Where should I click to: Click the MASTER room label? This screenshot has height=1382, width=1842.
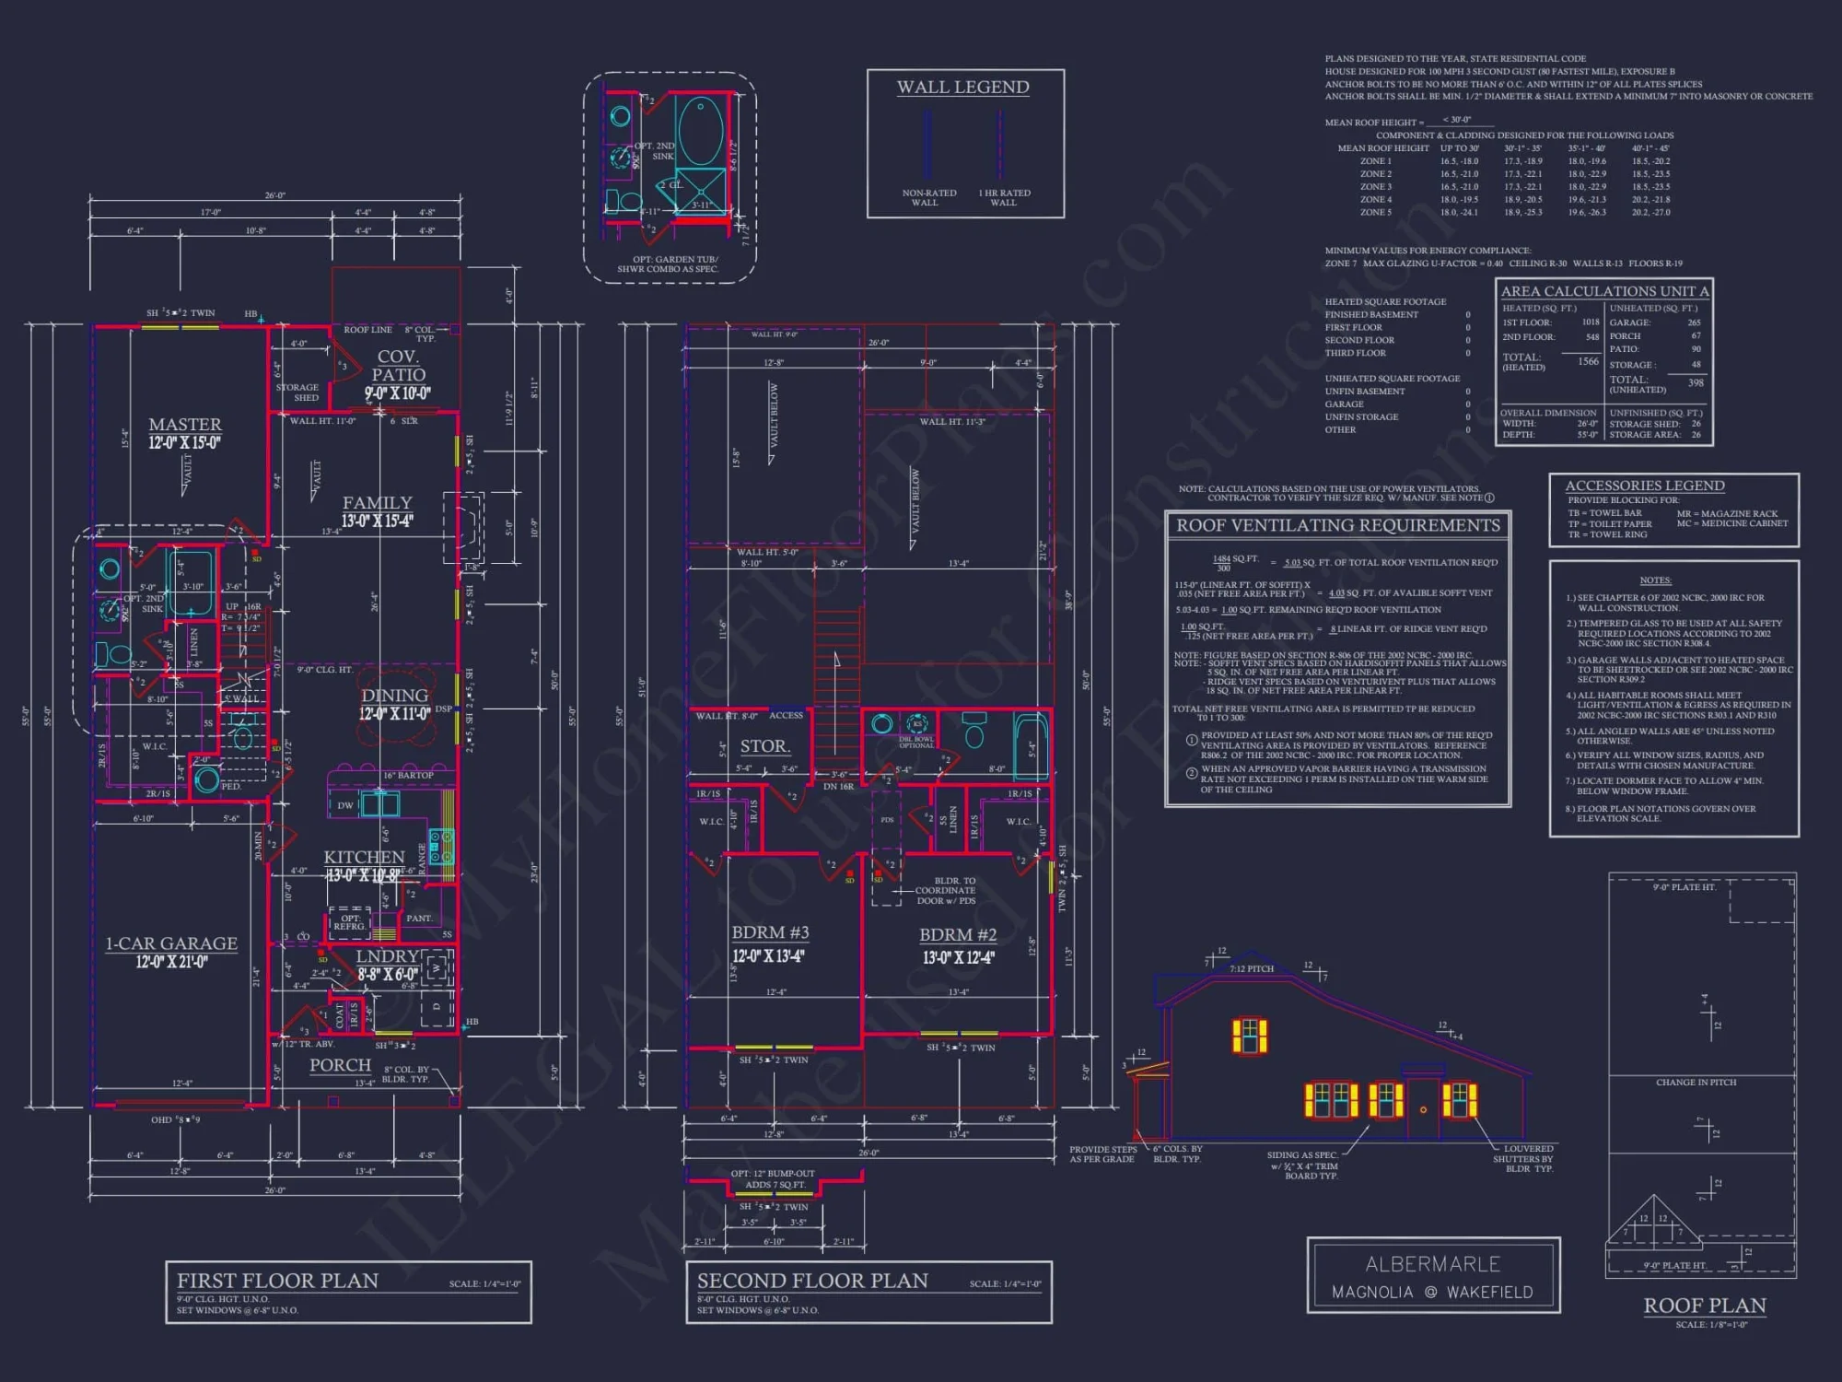coord(185,425)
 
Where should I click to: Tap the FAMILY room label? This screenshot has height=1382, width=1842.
coord(377,503)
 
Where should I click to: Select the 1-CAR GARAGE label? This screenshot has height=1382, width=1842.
coord(171,943)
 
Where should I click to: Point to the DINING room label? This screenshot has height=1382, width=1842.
coord(394,696)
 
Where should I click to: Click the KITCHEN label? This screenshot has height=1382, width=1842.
coord(364,857)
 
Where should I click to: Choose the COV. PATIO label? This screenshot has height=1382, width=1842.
coord(398,366)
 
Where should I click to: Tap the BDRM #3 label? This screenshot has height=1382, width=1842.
coord(770,932)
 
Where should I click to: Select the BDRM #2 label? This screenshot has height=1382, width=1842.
coord(958,934)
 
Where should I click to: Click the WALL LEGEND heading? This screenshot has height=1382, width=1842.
coord(962,88)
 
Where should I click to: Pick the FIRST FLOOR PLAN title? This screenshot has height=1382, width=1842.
coord(277,1281)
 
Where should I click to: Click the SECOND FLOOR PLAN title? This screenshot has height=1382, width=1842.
coord(812,1281)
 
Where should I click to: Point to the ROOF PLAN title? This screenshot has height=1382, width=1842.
coord(1705,1306)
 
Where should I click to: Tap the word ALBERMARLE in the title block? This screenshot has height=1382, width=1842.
coord(1432,1264)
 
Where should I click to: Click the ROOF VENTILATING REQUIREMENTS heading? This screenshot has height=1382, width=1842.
coord(1337,525)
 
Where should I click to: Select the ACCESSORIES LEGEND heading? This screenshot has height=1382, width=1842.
coord(1645,486)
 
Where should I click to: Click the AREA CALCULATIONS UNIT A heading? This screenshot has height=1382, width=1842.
coord(1604,291)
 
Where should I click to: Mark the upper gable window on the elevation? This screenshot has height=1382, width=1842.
coord(1249,1035)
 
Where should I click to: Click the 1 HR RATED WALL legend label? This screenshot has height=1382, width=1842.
coord(1004,197)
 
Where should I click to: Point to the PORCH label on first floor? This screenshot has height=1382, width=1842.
coord(340,1065)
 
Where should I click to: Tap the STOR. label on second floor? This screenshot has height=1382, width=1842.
coord(764,746)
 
